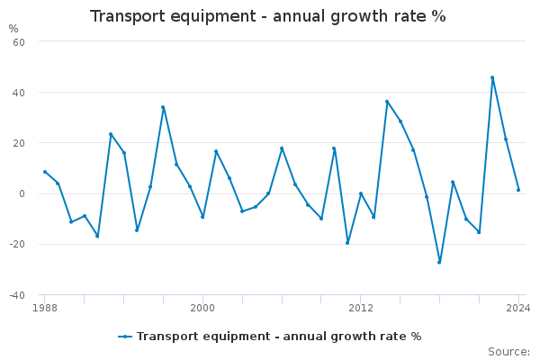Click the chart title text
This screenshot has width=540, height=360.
tap(268, 16)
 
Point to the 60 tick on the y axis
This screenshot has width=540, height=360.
tap(18, 41)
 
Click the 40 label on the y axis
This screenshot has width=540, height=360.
tap(18, 92)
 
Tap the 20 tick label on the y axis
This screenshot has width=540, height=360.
tap(18, 143)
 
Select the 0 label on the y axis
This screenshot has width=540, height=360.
tap(22, 193)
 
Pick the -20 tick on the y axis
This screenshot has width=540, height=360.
tap(16, 244)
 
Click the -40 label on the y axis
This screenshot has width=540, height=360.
tap(16, 295)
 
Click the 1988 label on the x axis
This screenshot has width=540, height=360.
tap(44, 308)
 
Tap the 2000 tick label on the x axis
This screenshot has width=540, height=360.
tap(202, 308)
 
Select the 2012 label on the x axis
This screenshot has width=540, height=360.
tap(360, 308)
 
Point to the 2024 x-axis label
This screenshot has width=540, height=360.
tap(518, 308)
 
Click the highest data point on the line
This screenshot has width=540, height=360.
tap(492, 77)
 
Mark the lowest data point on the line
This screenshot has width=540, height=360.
tap(439, 262)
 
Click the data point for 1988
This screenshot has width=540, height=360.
tap(45, 172)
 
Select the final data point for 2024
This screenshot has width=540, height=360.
tap(518, 190)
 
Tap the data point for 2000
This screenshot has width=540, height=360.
tap(202, 217)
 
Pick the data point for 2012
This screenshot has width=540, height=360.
tap(361, 193)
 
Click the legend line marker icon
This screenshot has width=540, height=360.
tap(125, 337)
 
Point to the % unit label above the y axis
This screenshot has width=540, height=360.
tap(13, 29)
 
